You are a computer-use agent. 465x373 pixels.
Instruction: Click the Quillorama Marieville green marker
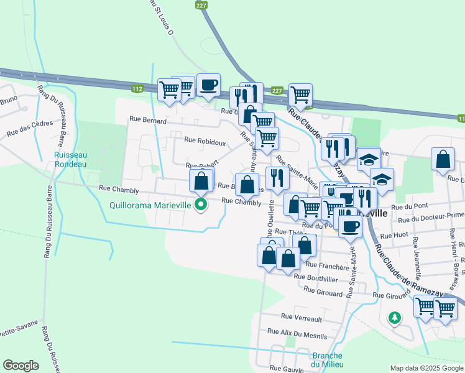pyautogui.click(x=201, y=204)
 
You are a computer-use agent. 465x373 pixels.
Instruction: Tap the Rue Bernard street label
pyautogui.click(x=148, y=121)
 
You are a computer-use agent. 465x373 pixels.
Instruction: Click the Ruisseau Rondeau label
pyautogui.click(x=70, y=160)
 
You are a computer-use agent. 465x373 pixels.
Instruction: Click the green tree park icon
pyautogui.click(x=394, y=318)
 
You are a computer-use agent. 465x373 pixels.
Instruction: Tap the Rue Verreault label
pyautogui.click(x=302, y=318)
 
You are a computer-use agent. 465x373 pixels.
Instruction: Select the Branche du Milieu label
pyautogui.click(x=326, y=360)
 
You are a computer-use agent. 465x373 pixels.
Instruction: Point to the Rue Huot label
pyautogui.click(x=393, y=236)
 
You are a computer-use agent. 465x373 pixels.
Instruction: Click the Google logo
pyautogui.click(x=21, y=366)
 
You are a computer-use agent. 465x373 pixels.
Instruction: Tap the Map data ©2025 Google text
pyautogui.click(x=426, y=367)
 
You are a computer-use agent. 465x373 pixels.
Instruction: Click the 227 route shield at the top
pyautogui.click(x=200, y=5)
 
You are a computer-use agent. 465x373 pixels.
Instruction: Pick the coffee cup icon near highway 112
pyautogui.click(x=208, y=85)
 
